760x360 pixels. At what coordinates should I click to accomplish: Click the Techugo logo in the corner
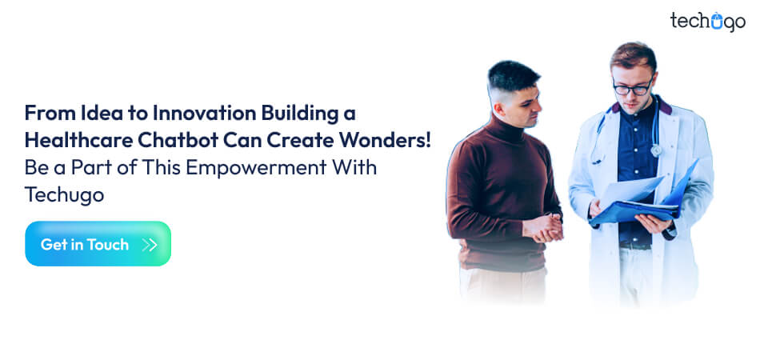click(708, 22)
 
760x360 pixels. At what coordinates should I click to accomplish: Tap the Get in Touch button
click(98, 244)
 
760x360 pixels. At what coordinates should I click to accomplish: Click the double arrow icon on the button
click(150, 245)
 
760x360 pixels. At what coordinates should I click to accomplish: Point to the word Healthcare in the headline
click(78, 141)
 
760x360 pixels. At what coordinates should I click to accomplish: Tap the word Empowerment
click(257, 168)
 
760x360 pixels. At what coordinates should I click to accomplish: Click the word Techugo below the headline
click(65, 194)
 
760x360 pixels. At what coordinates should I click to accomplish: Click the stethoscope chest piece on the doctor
click(656, 150)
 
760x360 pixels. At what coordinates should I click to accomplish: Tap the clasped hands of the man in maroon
click(543, 227)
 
